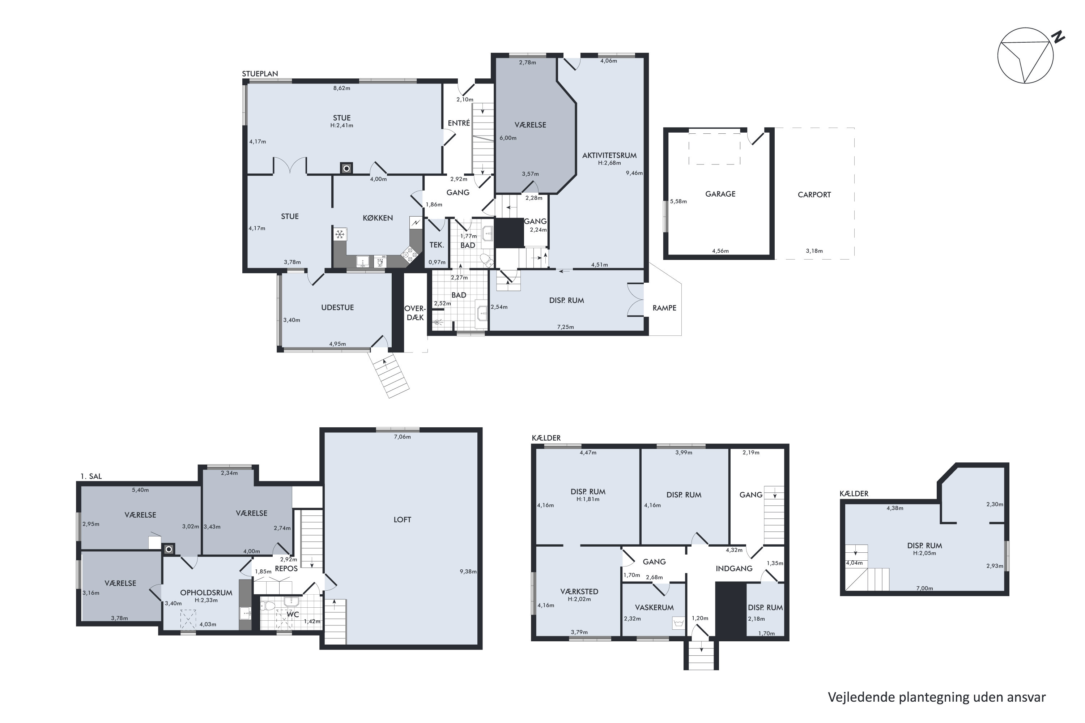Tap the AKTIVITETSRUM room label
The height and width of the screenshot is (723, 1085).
[609, 155]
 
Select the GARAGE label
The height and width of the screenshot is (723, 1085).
[720, 194]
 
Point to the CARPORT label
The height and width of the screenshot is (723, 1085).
[814, 194]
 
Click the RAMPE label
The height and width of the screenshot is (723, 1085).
[664, 308]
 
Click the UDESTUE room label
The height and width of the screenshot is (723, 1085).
[337, 308]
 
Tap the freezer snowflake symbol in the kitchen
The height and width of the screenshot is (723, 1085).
[340, 235]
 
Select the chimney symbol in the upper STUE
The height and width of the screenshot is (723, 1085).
[346, 168]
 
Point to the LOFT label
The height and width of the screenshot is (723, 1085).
[402, 520]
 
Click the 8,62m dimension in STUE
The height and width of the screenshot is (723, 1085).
[341, 88]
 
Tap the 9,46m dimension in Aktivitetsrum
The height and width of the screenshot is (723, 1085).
[634, 174]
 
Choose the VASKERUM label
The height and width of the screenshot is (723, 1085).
[654, 608]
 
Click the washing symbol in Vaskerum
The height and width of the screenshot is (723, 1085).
[678, 623]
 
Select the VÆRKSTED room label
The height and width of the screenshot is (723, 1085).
[579, 591]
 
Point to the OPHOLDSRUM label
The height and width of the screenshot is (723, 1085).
[206, 593]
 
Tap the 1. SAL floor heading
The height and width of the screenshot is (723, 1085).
[91, 476]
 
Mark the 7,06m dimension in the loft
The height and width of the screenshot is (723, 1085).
[402, 437]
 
